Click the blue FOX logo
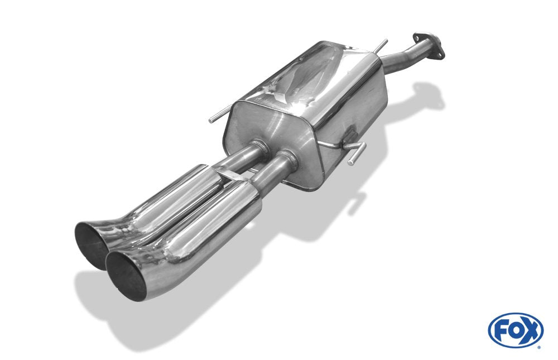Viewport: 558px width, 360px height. [515, 330]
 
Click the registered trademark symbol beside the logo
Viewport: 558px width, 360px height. [538, 347]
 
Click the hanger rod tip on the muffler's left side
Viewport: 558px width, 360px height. [213, 119]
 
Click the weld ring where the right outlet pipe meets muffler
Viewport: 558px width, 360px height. [288, 157]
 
